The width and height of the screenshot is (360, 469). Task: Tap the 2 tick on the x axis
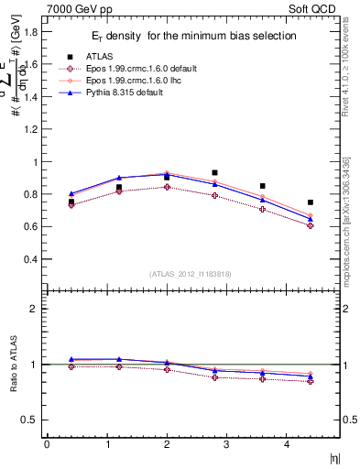click(166, 444)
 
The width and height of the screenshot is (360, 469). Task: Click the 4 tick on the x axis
click(286, 444)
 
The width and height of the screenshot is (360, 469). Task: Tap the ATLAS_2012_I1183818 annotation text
click(190, 274)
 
